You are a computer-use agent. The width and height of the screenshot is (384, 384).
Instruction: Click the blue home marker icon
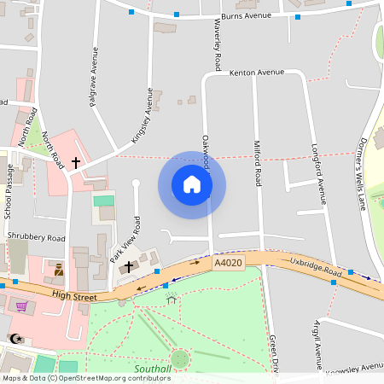pyautogui.click(x=192, y=184)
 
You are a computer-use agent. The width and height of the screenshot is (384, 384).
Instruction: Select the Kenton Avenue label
pyautogui.click(x=256, y=73)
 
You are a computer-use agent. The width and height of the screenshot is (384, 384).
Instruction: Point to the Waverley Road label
pyautogui.click(x=218, y=47)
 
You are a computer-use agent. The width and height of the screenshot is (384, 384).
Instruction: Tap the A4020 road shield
pyautogui.click(x=228, y=264)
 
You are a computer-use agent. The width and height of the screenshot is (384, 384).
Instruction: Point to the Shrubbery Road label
pyautogui.click(x=35, y=238)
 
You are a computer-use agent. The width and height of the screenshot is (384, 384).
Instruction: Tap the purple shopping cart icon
pyautogui.click(x=21, y=306)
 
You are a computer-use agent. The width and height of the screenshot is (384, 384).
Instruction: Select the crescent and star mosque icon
pyautogui.click(x=15, y=339)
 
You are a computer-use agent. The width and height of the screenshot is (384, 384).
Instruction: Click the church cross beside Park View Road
pyautogui.click(x=129, y=267)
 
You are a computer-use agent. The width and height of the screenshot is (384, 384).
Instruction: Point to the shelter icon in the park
pyautogui.click(x=172, y=300)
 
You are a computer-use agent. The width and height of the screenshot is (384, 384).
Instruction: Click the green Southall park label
pyautogui.click(x=153, y=369)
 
